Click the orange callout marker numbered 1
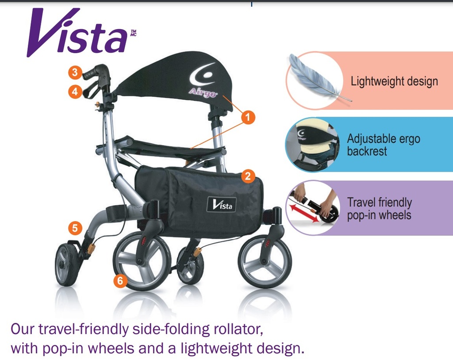pyautogui.click(x=248, y=117)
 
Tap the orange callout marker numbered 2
pyautogui.click(x=248, y=176)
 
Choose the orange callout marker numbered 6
pyautogui.click(x=119, y=280)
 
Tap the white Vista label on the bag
pyautogui.click(x=222, y=204)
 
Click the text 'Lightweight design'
pyautogui.click(x=394, y=81)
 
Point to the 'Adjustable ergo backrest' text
pyautogui.click(x=383, y=145)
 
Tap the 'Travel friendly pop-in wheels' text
pyautogui.click(x=380, y=209)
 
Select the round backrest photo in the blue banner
pyautogui.click(x=312, y=144)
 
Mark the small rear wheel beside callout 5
pyautogui.click(x=67, y=264)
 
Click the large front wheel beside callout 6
pyautogui.click(x=142, y=260)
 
